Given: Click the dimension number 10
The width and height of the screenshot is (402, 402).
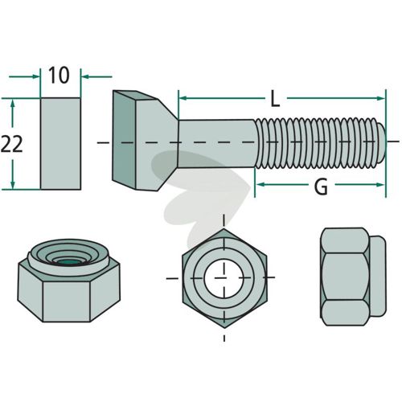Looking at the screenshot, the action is pyautogui.click(x=59, y=76).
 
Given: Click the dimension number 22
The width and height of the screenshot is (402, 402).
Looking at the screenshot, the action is pyautogui.click(x=11, y=144).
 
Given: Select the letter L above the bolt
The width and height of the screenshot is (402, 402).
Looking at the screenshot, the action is pyautogui.click(x=275, y=99).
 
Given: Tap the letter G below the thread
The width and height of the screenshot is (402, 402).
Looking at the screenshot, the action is pyautogui.click(x=321, y=187).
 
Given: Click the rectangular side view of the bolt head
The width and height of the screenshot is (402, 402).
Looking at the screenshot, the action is pyautogui.click(x=60, y=144).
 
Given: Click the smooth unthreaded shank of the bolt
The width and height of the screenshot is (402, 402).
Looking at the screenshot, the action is pyautogui.click(x=216, y=144).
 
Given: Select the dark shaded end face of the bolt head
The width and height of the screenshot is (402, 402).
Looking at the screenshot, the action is pyautogui.click(x=124, y=139).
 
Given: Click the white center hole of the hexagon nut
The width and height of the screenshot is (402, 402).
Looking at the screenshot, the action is pyautogui.click(x=224, y=278).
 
